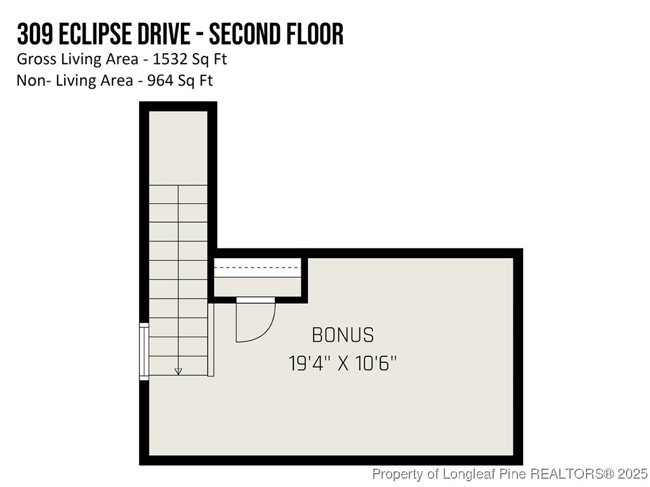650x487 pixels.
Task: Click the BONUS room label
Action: [x=343, y=335]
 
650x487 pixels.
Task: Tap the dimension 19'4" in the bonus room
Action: [x=308, y=364]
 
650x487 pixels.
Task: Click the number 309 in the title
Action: [x=33, y=34]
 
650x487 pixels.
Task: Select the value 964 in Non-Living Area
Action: [x=156, y=81]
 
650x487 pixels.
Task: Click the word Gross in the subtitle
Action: [x=35, y=60]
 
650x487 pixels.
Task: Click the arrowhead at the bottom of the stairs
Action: [x=178, y=372]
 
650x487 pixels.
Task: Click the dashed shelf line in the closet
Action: [x=257, y=268]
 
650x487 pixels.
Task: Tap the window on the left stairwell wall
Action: [x=144, y=351]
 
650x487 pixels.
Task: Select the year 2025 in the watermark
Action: [x=633, y=474]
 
